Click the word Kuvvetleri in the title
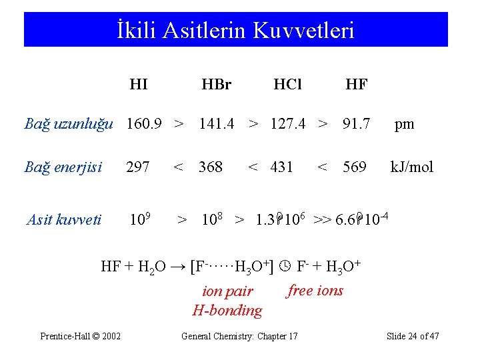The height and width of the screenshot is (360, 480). pos(306,31)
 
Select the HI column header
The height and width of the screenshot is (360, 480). pos(139,85)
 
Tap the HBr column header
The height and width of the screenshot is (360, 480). pos(216,85)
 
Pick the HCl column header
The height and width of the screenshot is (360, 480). pos(288,85)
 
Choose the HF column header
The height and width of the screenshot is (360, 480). pos(356,85)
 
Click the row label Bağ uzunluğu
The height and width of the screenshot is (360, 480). pos(67,124)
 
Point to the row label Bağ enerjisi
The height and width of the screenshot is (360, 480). pos(63,167)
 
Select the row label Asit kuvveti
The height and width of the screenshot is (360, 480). pos(64,219)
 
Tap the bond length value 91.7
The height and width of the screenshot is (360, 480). pos(357,123)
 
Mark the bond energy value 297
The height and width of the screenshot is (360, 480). pos(138,167)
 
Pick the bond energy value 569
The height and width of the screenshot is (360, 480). pos(354,167)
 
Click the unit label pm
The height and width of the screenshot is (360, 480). pos(404,124)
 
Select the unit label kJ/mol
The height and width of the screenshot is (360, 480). pos(411,167)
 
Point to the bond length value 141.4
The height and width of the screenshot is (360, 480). pos(217,123)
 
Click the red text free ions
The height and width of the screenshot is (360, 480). pos(315,290)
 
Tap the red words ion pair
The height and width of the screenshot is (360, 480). pos(227,291)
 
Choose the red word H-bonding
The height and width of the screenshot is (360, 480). pos(227,310)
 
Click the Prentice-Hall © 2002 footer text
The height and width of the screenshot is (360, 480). pos(81,336)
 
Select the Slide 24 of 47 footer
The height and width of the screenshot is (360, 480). pos(413,336)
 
